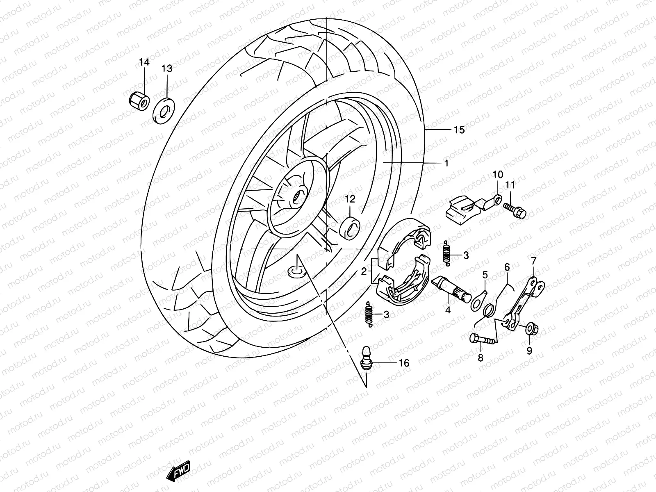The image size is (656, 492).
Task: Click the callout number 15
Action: pos(459,130)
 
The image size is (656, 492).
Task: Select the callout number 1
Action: pos(446,163)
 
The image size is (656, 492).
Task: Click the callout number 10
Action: pos(497,174)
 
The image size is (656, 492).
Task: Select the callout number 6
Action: pos(507,267)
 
